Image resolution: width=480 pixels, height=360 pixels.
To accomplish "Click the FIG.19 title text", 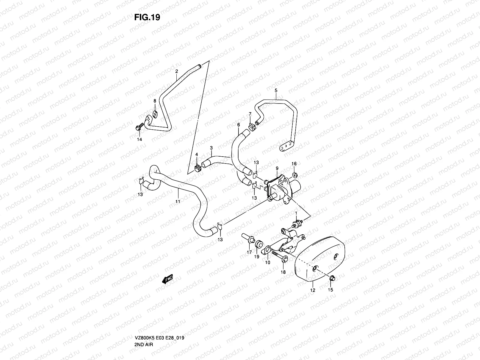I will click(x=147, y=17).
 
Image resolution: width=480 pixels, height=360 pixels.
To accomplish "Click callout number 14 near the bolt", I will click(x=139, y=139).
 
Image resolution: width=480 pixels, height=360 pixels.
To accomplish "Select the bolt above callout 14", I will click(x=138, y=128).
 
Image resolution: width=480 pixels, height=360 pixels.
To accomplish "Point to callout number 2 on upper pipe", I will click(x=176, y=72).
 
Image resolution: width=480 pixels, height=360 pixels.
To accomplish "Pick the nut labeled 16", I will click(x=295, y=175).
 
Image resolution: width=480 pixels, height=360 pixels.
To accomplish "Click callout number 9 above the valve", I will click(x=277, y=169).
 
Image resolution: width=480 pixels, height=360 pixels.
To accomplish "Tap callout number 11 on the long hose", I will click(x=178, y=202).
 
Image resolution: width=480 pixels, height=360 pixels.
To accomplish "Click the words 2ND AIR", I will click(x=144, y=319).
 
